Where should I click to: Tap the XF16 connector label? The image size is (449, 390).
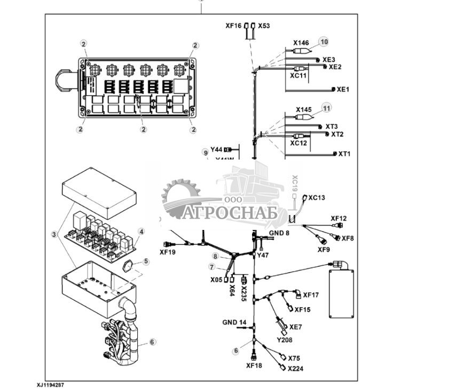coord(233,26)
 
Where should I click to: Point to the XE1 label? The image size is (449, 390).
coord(343,90)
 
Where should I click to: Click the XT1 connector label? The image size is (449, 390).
coord(345,154)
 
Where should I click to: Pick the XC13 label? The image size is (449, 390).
coord(317,197)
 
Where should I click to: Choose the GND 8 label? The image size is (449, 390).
coord(279,233)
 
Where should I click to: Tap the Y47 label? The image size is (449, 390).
coord(263,256)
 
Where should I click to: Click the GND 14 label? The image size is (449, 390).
coord(234,322)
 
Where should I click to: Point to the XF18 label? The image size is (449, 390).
coord(254,366)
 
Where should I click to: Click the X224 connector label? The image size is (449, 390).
coord(295,369)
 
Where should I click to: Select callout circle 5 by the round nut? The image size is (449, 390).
coord(146,261)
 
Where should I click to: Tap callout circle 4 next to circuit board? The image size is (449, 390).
coord(141,232)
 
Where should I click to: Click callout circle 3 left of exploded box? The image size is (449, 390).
coord(53,234)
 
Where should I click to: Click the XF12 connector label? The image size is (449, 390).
coord(338,218)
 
